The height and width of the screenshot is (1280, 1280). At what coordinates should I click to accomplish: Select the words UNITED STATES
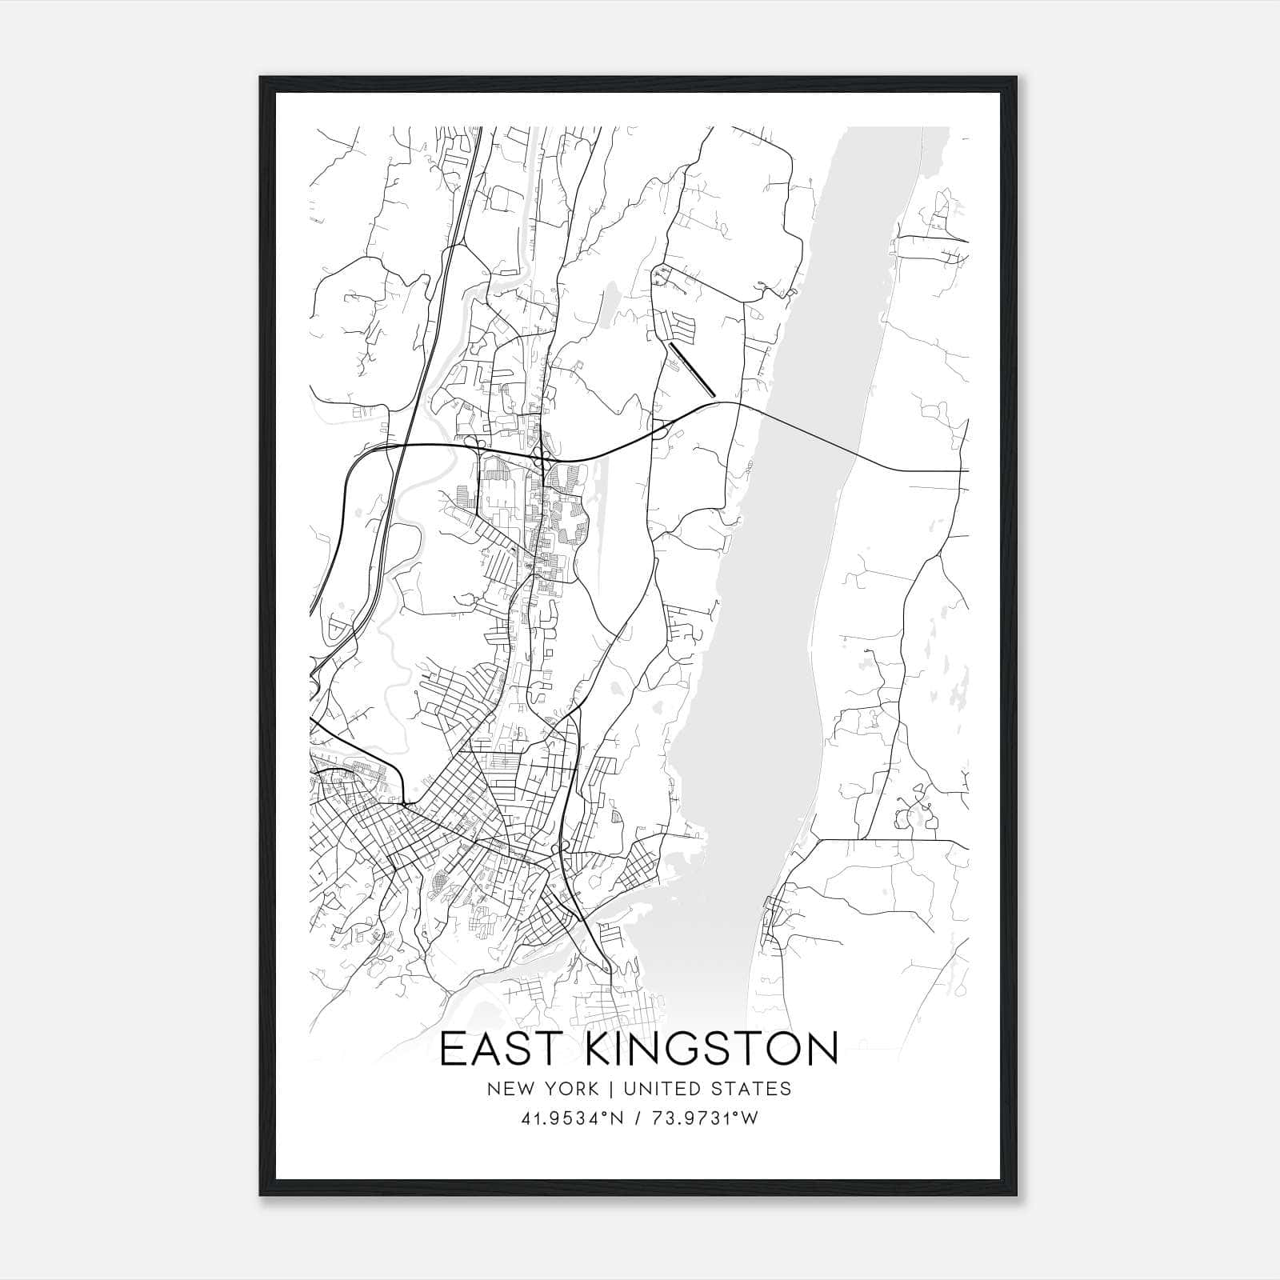707,1089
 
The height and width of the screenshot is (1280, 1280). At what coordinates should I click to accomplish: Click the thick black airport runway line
692,370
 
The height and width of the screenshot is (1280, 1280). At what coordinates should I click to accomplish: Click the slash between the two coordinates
637,1118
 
